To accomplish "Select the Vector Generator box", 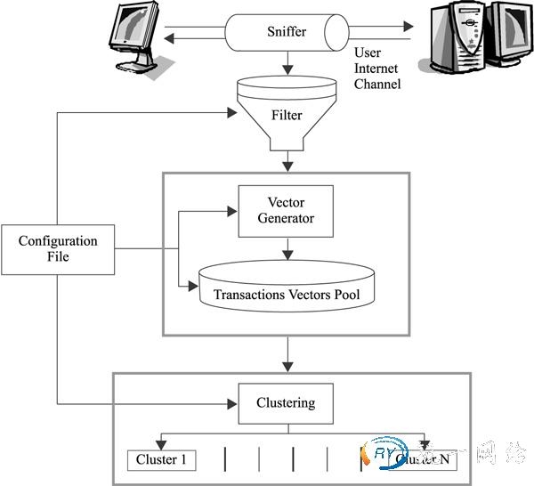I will click(285, 211).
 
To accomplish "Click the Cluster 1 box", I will click(163, 459).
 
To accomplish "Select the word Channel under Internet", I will click(378, 84).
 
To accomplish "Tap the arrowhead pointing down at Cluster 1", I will click(161, 443).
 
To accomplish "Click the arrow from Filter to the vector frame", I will click(287, 163).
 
